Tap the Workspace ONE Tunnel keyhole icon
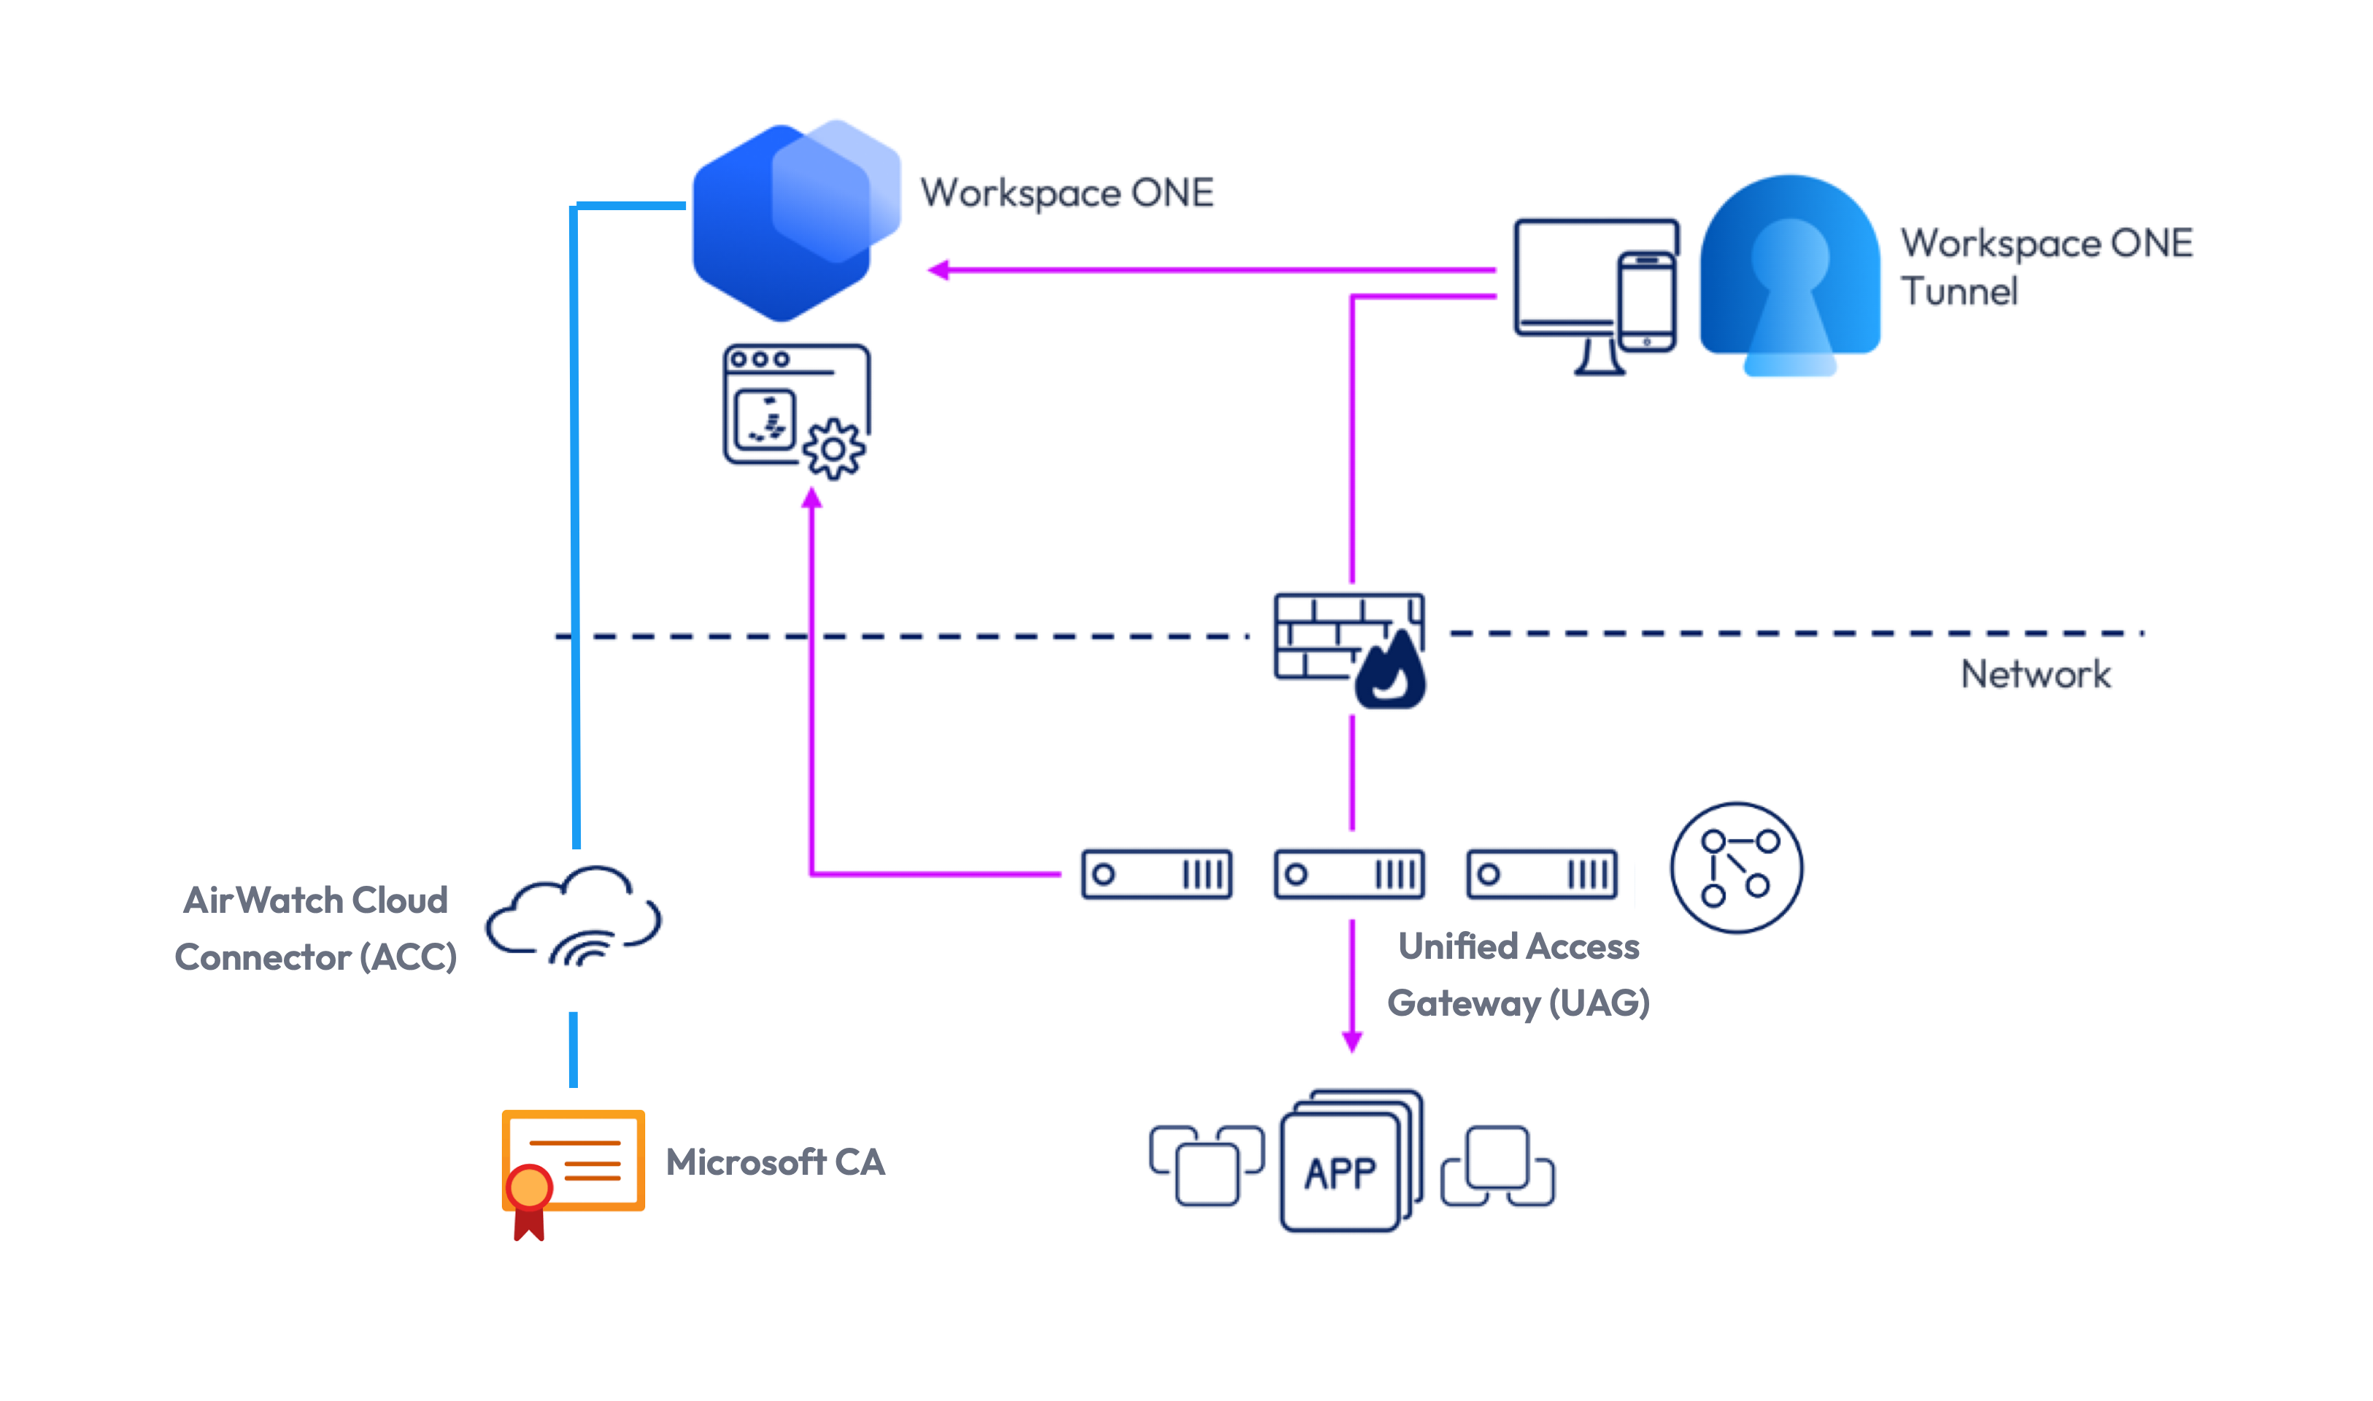[x=1790, y=274]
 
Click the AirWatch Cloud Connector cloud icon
[x=574, y=916]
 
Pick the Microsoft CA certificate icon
[x=573, y=1167]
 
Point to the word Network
[x=2035, y=674]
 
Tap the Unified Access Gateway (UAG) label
[x=1518, y=974]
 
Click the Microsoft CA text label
[x=775, y=1162]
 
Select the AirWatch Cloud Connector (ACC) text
[x=315, y=928]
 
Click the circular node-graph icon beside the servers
[x=1736, y=868]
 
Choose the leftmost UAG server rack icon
[x=1157, y=874]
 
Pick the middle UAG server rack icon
[x=1348, y=874]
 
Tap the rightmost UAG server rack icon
[x=1541, y=874]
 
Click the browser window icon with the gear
[x=795, y=410]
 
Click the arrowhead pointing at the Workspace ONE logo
[x=939, y=271]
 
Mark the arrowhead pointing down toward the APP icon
[x=1351, y=1041]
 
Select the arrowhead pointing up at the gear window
[x=811, y=498]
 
